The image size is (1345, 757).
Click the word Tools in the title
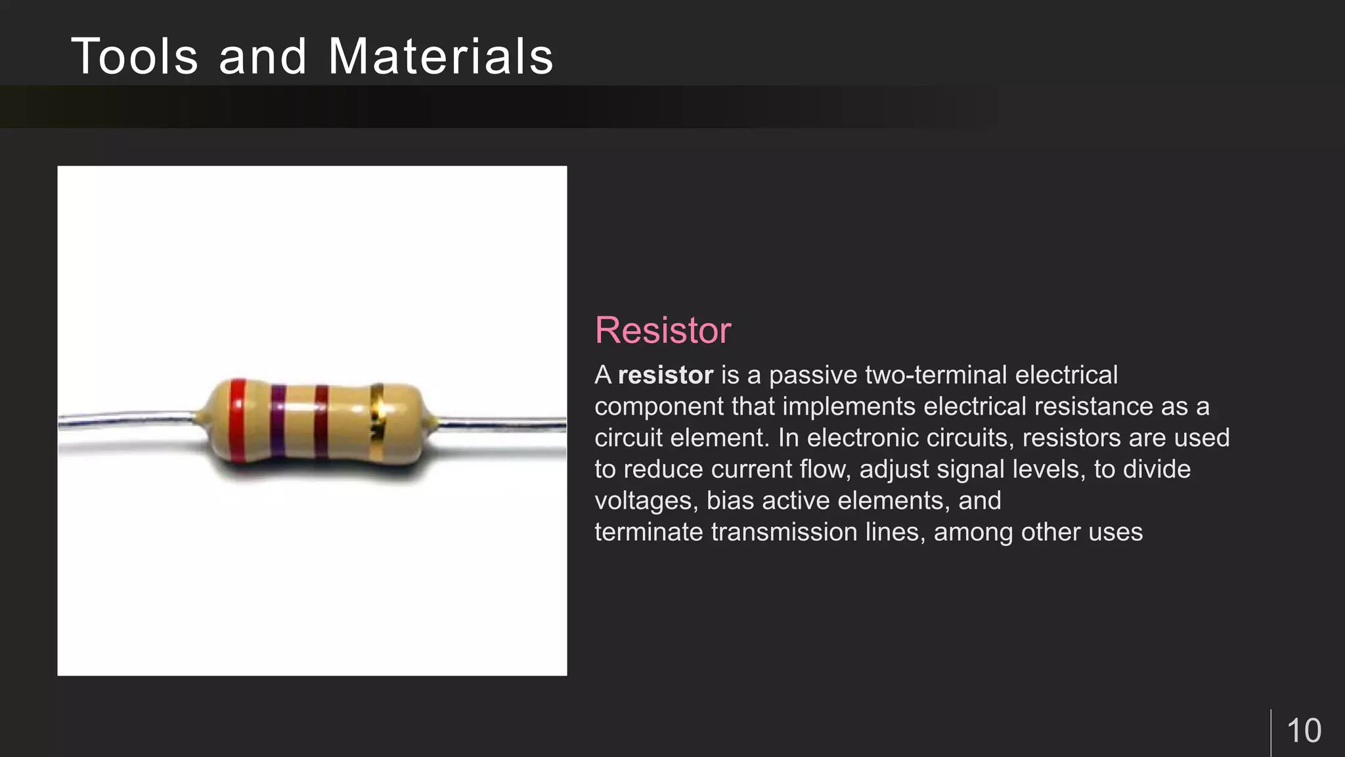click(135, 57)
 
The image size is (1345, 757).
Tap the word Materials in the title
click(441, 57)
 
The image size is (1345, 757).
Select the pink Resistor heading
click(663, 330)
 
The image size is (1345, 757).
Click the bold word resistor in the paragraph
click(665, 375)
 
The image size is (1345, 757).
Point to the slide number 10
click(1304, 731)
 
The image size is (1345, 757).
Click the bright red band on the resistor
click(238, 419)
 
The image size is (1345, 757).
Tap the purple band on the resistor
click(278, 421)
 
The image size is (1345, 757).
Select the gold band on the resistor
click(377, 421)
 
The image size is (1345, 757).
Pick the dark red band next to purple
click(321, 421)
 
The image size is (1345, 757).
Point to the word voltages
click(644, 501)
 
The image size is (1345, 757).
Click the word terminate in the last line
click(648, 532)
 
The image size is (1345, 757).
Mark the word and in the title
click(263, 57)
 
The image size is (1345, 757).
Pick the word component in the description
click(659, 407)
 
